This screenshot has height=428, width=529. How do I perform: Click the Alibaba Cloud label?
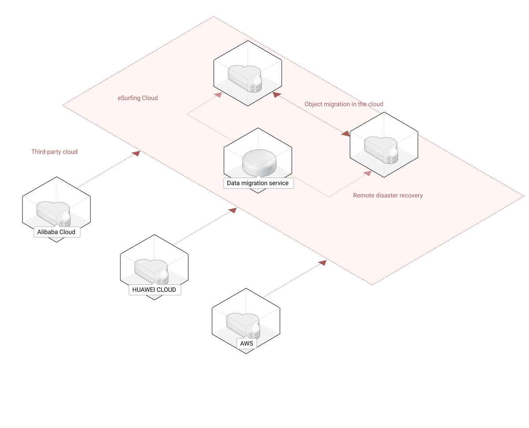pyautogui.click(x=56, y=232)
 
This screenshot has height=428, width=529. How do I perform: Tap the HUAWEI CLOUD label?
pyautogui.click(x=154, y=290)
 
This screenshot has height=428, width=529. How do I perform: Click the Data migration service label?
pyautogui.click(x=258, y=183)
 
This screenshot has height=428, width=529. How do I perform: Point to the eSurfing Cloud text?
pyautogui.click(x=138, y=98)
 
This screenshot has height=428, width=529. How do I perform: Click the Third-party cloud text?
pyautogui.click(x=54, y=152)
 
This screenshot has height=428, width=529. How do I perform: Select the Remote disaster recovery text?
pyautogui.click(x=387, y=195)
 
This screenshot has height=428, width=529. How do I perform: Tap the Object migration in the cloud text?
pyautogui.click(x=343, y=104)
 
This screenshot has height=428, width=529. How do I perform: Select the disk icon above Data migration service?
pyautogui.click(x=259, y=164)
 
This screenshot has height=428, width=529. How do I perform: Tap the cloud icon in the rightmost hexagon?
pyautogui.click(x=381, y=149)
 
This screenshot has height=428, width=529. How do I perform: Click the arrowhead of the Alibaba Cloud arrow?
pyautogui.click(x=137, y=153)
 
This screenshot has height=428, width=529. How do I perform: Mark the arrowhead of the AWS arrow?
pyautogui.click(x=323, y=263)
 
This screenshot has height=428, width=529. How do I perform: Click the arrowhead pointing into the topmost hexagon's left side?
pyautogui.click(x=218, y=95)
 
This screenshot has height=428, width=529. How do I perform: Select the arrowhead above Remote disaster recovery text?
pyautogui.click(x=367, y=173)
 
